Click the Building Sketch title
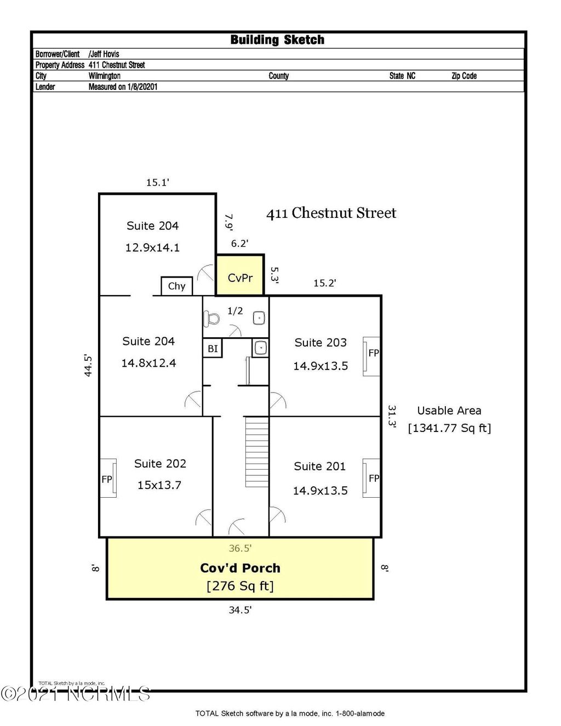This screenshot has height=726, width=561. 277,40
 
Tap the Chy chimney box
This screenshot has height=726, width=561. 176,286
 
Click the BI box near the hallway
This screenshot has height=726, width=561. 213,349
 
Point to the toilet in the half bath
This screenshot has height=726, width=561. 211,318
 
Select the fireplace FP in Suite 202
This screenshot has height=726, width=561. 108,479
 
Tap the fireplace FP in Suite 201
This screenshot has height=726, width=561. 372,478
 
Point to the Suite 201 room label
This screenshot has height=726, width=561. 319,466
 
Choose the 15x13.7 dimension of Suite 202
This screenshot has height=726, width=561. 159,485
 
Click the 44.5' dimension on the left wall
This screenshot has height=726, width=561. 88,366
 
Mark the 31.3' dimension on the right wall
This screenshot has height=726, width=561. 392,416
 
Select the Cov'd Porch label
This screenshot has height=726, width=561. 240,568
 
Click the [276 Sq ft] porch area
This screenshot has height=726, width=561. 240,586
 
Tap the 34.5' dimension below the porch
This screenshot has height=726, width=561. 240,610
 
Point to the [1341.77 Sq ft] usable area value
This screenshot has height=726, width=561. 449,428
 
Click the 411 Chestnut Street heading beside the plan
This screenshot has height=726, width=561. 331,213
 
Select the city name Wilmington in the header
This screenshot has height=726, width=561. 105,76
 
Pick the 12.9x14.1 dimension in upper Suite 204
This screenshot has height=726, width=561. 152,247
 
